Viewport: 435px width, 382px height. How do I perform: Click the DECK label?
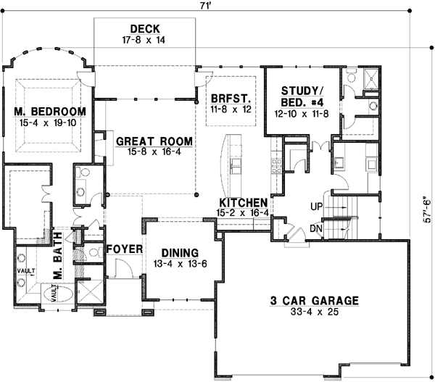[x=145, y=30]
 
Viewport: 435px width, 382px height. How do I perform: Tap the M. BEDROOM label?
[x=50, y=112]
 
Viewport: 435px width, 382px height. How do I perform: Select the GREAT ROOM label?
[x=155, y=141]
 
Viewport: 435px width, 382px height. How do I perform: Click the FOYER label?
[x=123, y=249]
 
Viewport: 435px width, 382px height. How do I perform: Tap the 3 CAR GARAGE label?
[x=315, y=301]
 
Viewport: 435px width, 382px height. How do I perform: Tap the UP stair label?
[x=315, y=206]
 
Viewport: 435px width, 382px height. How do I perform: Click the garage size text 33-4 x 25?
[x=315, y=313]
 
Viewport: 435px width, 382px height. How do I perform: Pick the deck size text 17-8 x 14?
[x=145, y=41]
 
